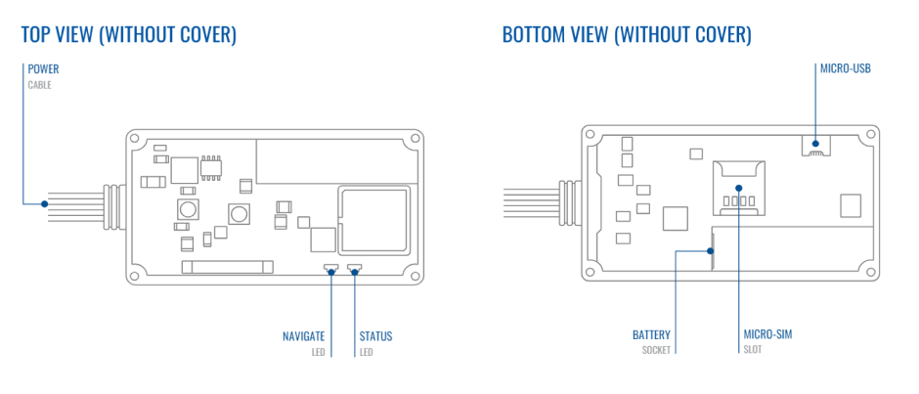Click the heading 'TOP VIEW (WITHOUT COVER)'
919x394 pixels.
tap(128, 35)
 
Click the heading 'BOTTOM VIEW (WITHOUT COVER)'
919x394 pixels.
tap(627, 35)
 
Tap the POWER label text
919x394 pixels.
tap(44, 69)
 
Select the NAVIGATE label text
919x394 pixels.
tap(303, 336)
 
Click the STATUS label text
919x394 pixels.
tap(375, 336)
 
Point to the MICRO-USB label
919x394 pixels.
tap(845, 69)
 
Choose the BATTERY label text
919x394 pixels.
tap(652, 335)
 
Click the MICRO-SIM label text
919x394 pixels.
tap(767, 335)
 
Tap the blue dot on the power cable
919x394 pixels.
tap(44, 204)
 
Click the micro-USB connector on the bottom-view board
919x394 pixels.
tap(817, 145)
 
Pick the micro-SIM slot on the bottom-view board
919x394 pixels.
tap(738, 187)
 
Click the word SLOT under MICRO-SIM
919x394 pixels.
tap(753, 350)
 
